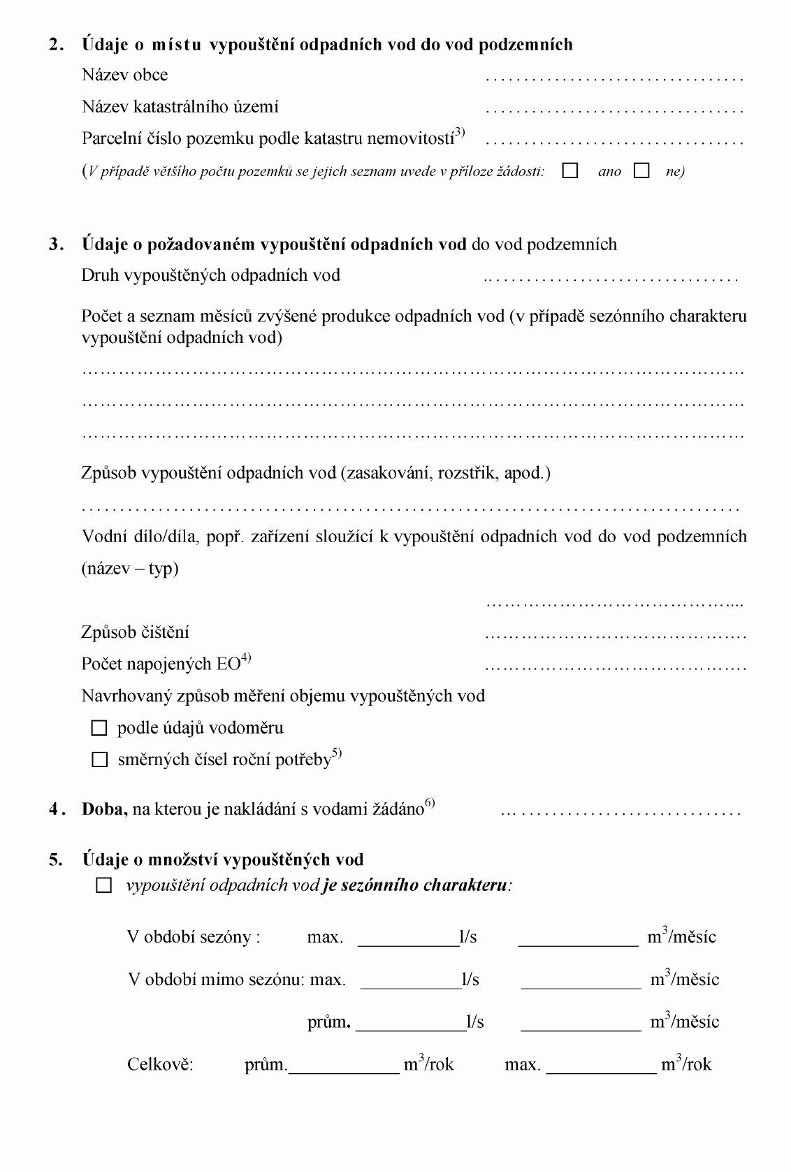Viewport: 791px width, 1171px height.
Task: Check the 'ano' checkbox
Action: coord(570,171)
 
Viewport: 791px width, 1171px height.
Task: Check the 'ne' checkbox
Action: coord(641,171)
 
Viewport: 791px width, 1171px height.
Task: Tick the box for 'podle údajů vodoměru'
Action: coord(99,729)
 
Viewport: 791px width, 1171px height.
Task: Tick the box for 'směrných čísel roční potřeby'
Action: coord(99,760)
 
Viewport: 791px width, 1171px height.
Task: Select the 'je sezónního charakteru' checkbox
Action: coord(104,886)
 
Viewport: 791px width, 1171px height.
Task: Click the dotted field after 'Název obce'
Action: coord(614,77)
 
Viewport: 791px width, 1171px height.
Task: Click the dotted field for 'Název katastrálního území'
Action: coord(614,109)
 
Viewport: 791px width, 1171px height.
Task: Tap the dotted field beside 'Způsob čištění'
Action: coord(615,635)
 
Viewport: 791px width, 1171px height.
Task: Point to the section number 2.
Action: coord(56,45)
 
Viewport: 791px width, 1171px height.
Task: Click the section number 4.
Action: coord(56,810)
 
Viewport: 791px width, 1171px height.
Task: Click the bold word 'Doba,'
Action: coord(105,810)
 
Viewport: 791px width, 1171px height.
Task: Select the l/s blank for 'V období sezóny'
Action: coord(408,938)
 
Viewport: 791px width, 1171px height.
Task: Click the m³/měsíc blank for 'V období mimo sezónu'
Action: coord(581,980)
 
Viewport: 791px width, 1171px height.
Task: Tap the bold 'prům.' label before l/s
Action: coord(328,1023)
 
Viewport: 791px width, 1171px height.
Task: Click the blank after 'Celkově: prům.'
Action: coord(344,1065)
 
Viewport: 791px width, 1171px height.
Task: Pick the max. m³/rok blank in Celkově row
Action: coord(601,1065)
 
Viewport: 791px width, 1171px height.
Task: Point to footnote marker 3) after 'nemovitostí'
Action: coord(460,133)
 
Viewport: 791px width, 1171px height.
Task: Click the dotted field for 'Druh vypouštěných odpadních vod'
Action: coord(611,277)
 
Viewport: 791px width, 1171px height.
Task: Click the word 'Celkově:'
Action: coord(160,1065)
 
